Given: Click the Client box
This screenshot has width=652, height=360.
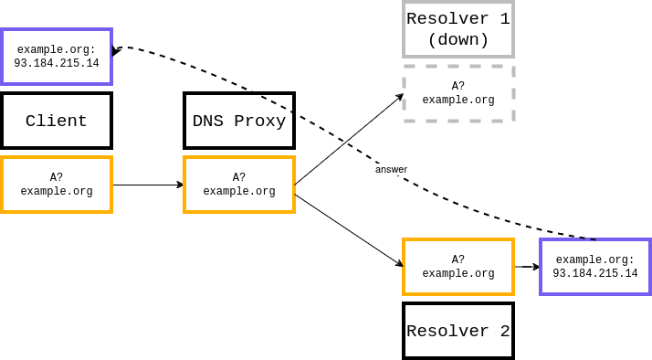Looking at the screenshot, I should coord(57,121).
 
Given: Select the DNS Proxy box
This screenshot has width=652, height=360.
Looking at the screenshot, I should coord(239,121).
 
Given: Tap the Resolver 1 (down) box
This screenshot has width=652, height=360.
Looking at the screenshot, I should coord(458,29).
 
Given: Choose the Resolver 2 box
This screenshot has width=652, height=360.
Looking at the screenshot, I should coord(458,331).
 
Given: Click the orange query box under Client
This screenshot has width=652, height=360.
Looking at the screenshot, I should coord(57,185).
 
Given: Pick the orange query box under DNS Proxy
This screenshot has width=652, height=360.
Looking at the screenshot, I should coord(239,185).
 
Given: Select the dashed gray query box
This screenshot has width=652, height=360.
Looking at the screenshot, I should coord(458,93).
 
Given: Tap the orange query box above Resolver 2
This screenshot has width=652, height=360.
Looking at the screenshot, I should coord(458,267).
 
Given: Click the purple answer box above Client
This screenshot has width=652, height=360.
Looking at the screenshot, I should coord(57,57).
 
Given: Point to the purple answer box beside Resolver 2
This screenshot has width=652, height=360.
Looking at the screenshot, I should coord(595,267).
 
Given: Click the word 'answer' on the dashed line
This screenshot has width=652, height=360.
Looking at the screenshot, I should coord(391,170).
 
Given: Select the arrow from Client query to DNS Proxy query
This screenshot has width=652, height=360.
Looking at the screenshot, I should coord(148,185).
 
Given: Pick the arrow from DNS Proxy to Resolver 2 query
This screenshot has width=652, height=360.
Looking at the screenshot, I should coord(349,230).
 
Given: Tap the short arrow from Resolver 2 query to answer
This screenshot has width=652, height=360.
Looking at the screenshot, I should coord(527,267).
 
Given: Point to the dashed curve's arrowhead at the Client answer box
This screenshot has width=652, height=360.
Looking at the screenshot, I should coord(116,51).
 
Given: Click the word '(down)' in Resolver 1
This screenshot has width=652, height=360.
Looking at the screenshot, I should coord(458,40).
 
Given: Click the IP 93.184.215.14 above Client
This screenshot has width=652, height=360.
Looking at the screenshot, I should coord(57,64).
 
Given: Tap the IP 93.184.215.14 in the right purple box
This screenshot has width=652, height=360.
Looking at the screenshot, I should coord(595,274).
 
